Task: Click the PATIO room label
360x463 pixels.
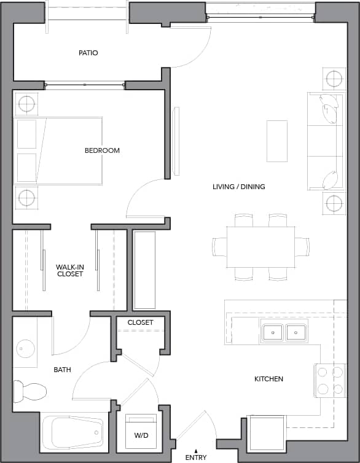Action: click(88, 53)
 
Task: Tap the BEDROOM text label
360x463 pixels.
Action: click(102, 150)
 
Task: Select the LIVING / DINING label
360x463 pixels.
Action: click(238, 187)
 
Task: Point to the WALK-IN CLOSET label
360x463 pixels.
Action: click(69, 271)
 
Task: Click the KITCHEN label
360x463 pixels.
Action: click(268, 379)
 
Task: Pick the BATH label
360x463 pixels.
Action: click(62, 370)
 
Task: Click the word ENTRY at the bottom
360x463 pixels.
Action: click(196, 457)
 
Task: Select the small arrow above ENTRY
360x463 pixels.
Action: click(196, 450)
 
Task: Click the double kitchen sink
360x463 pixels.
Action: click(283, 332)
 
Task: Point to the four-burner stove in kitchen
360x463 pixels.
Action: click(329, 380)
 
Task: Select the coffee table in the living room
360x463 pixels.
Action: click(276, 141)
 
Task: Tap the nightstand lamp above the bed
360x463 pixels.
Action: click(26, 104)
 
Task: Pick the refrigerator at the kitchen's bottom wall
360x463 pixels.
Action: click(267, 433)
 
